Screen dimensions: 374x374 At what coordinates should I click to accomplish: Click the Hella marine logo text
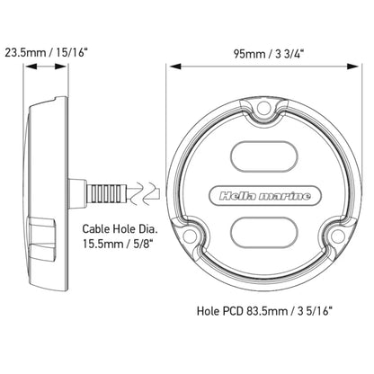click(x=264, y=196)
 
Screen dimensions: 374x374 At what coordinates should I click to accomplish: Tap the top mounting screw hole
click(x=264, y=106)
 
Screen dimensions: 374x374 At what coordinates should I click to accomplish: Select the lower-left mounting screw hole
click(x=189, y=235)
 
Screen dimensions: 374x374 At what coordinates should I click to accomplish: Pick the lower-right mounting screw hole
click(x=337, y=235)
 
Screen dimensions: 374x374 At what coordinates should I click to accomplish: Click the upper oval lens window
click(x=264, y=156)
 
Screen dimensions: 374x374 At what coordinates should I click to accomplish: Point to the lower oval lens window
click(x=264, y=233)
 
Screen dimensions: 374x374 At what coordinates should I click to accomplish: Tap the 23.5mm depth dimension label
click(x=46, y=53)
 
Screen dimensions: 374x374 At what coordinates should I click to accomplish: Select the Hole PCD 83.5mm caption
click(x=265, y=311)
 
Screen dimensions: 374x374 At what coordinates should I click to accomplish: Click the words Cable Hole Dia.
click(x=120, y=229)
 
